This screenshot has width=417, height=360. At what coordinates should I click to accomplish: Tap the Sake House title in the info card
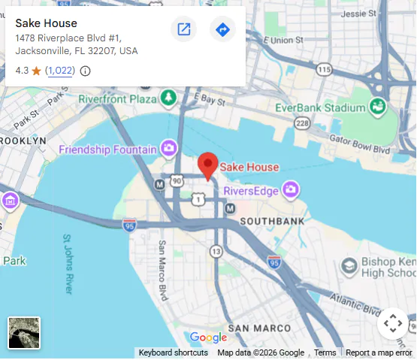point(46,23)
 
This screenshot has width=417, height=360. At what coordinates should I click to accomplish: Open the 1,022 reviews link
point(59,71)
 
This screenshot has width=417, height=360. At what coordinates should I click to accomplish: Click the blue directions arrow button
point(222,29)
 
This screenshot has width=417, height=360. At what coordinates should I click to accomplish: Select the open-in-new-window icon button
point(183,29)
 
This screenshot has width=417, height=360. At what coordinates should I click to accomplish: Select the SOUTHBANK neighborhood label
point(272,221)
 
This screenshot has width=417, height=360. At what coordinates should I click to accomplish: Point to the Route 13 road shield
point(216,251)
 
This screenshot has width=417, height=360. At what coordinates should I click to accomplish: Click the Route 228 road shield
point(303,123)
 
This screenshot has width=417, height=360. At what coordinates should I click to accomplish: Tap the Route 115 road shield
point(323,70)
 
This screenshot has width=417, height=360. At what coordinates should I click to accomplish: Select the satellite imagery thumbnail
point(24,333)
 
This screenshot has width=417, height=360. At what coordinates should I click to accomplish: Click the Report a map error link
point(379,352)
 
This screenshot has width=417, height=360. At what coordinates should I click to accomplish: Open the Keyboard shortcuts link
point(173,352)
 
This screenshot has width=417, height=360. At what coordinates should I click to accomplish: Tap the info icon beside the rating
point(85,71)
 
